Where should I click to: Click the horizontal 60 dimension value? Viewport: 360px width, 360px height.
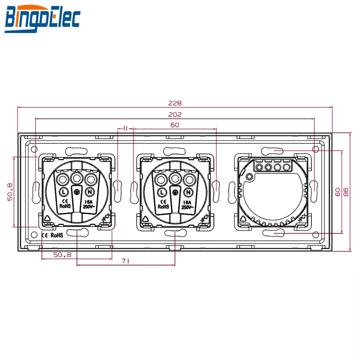(x=175, y=125)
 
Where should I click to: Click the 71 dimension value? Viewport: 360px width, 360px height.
(x=126, y=262)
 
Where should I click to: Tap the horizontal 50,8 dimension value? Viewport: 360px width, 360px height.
(x=62, y=255)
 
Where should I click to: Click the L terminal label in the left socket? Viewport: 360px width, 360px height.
(x=63, y=191)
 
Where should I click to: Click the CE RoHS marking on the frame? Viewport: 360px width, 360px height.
(x=52, y=235)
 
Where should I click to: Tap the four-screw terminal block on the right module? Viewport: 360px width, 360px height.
(x=273, y=167)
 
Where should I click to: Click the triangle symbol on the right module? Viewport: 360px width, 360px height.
(x=244, y=219)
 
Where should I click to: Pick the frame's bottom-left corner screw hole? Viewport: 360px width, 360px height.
(x=34, y=235)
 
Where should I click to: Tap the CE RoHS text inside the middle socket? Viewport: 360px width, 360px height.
(x=163, y=204)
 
